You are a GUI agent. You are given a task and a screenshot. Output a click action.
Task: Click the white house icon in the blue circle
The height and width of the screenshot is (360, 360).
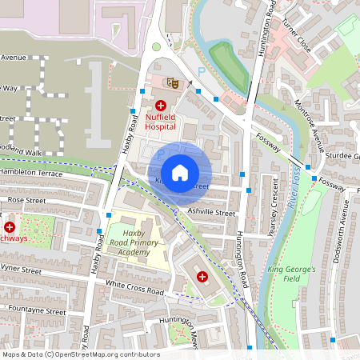[x=180, y=173]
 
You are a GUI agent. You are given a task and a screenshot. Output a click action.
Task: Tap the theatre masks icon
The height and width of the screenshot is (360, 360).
[x=170, y=82]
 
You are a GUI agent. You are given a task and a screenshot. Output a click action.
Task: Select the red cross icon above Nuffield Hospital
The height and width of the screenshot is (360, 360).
[x=160, y=105]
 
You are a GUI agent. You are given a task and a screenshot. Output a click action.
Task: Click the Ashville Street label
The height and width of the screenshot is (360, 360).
[x=211, y=214]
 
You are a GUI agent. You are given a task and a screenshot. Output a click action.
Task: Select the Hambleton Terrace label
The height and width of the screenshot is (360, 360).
[x=32, y=173]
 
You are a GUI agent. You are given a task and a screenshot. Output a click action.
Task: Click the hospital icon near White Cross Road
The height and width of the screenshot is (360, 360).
[x=202, y=276]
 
